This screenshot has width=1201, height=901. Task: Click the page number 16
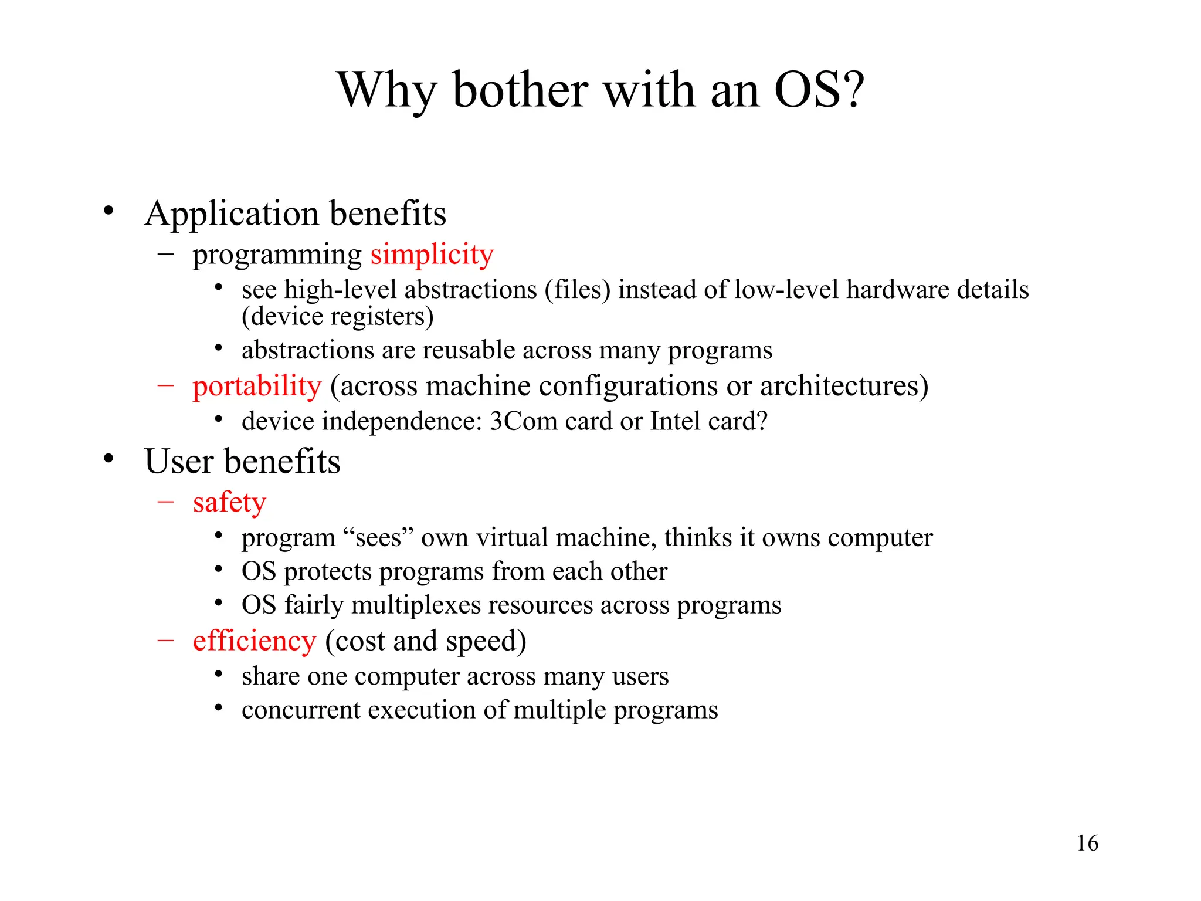pyautogui.click(x=1087, y=843)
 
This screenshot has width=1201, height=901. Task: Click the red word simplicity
pyautogui.click(x=432, y=255)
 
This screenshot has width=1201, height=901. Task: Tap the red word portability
pyautogui.click(x=257, y=386)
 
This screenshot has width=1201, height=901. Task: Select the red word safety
pyautogui.click(x=229, y=503)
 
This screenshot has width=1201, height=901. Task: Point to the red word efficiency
pyautogui.click(x=255, y=641)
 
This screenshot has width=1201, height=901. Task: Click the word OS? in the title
pyautogui.click(x=819, y=90)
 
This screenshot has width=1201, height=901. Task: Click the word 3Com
pyautogui.click(x=523, y=421)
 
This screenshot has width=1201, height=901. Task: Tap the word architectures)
pyautogui.click(x=844, y=386)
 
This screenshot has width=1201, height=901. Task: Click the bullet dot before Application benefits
pyautogui.click(x=108, y=211)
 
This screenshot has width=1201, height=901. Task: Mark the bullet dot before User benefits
pyautogui.click(x=108, y=459)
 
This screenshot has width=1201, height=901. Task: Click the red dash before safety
pyautogui.click(x=165, y=502)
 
